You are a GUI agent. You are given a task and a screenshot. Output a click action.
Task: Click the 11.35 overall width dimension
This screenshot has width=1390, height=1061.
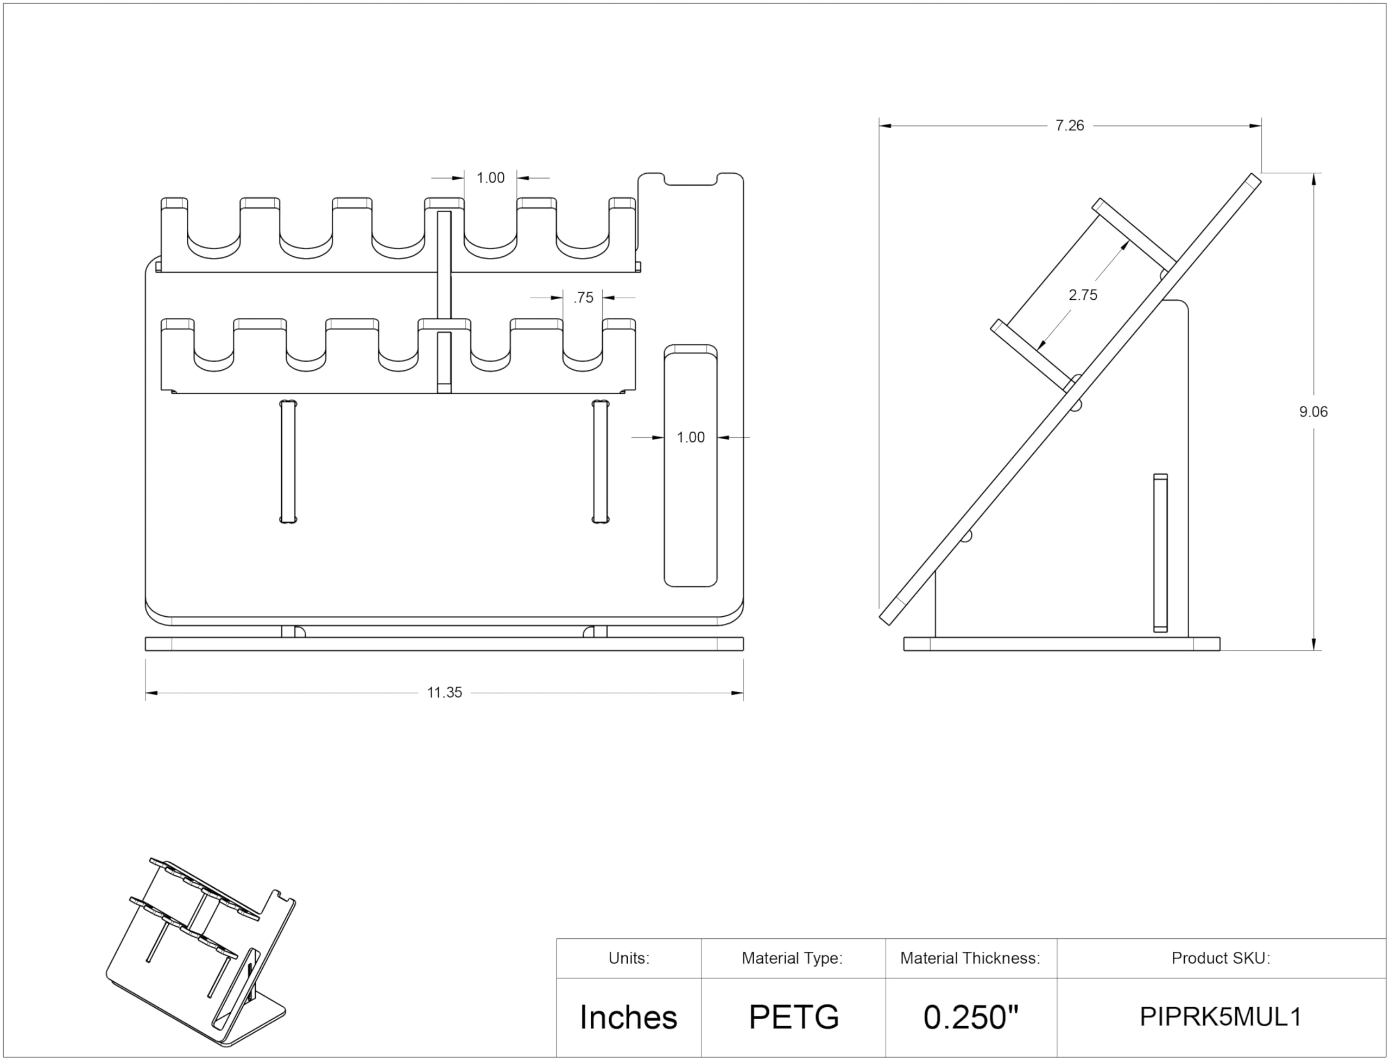(x=444, y=693)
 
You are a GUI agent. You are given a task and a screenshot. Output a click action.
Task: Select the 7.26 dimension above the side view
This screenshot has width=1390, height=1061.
(x=1069, y=125)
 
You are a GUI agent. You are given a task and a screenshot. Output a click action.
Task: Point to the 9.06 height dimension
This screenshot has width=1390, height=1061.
(x=1313, y=412)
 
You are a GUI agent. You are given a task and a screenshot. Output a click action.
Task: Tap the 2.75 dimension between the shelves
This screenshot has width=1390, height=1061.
(x=1083, y=295)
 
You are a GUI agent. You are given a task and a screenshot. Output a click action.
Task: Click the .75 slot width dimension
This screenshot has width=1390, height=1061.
(x=583, y=298)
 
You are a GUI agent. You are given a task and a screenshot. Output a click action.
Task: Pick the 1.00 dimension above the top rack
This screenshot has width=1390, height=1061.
(x=490, y=178)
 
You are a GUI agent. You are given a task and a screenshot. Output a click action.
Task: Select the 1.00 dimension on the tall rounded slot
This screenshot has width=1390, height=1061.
(x=690, y=438)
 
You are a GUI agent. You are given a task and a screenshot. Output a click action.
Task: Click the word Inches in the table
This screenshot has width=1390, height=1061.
(x=628, y=1018)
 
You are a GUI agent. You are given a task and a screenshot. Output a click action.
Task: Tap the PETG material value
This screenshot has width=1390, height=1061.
(x=793, y=1018)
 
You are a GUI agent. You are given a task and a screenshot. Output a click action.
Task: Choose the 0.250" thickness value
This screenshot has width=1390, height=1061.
(x=971, y=1018)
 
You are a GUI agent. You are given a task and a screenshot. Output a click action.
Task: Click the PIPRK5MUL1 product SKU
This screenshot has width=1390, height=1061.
(x=1220, y=1018)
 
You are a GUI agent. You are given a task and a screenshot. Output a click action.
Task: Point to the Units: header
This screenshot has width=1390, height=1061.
(x=628, y=958)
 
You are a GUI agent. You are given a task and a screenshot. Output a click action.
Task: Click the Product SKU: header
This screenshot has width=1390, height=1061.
(x=1220, y=958)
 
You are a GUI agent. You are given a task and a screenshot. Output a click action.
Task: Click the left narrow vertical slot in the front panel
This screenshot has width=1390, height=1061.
(x=288, y=461)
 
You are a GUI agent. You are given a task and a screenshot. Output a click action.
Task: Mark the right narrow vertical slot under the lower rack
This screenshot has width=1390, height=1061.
(x=600, y=461)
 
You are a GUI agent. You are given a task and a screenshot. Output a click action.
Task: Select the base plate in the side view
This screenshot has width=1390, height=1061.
(x=1061, y=644)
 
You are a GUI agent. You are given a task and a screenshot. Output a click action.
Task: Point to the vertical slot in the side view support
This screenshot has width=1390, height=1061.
(x=1160, y=553)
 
